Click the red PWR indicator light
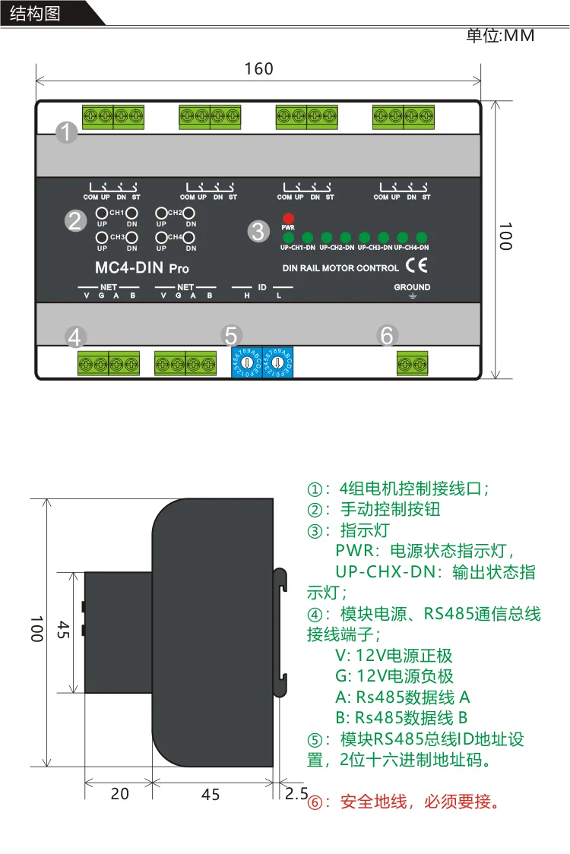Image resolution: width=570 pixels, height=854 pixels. coord(288,217)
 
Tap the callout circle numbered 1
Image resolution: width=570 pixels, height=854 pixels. coord(68,133)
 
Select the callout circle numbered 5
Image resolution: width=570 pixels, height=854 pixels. coord(233,335)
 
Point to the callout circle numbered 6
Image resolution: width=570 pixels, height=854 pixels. coord(387,335)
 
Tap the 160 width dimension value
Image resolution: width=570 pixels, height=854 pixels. coord(258,69)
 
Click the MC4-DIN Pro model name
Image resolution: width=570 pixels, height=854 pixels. coord(142,267)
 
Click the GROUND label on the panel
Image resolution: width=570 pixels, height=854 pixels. coord(412,287)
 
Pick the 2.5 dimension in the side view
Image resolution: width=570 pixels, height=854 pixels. coord(296,793)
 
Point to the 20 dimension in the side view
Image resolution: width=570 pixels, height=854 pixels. coord(120,794)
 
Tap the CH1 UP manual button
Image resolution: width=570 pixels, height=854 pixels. coord(101,214)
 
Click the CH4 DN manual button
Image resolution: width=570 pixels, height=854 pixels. coord(190,238)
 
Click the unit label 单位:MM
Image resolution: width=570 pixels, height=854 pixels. coord(500,36)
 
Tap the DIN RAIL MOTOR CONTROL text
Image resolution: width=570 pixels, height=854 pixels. coord(340,267)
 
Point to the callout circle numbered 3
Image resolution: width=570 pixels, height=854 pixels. coord(258,231)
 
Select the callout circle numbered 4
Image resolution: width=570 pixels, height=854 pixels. coord(74,336)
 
